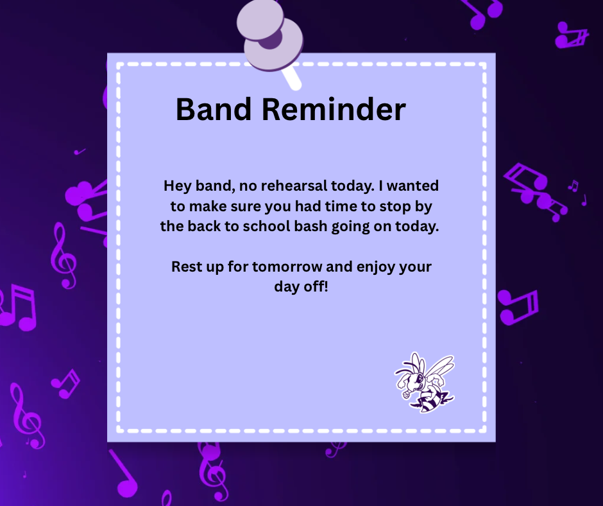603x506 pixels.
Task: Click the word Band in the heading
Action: (214, 109)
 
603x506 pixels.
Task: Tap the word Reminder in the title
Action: (334, 109)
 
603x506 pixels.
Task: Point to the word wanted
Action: (412, 186)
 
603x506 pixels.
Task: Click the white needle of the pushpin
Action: (291, 78)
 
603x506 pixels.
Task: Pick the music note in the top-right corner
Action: (572, 35)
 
